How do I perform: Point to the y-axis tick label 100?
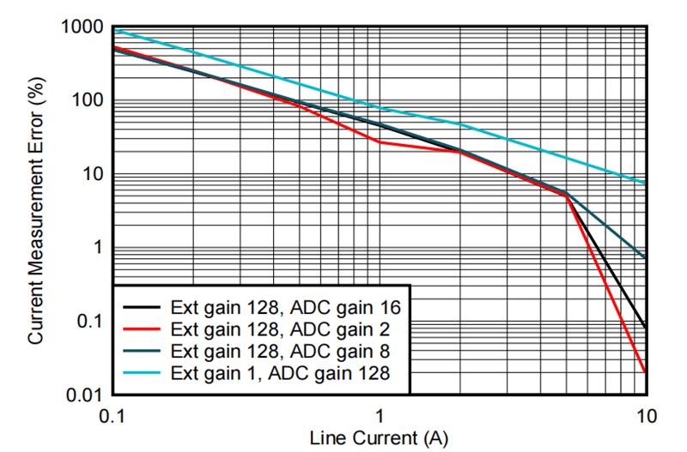[x=87, y=101]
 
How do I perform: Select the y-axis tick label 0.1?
[x=88, y=322]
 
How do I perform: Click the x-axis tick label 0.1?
[x=112, y=416]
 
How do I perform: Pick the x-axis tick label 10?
[x=644, y=416]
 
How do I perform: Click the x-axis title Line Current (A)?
[x=379, y=439]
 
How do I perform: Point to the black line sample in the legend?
[x=145, y=305]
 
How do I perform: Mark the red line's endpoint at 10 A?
[x=645, y=372]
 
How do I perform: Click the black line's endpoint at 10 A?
[x=645, y=328]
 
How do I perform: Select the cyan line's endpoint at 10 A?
[x=645, y=183]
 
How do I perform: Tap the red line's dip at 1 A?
[x=379, y=142]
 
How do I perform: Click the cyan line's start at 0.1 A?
[x=113, y=30]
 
